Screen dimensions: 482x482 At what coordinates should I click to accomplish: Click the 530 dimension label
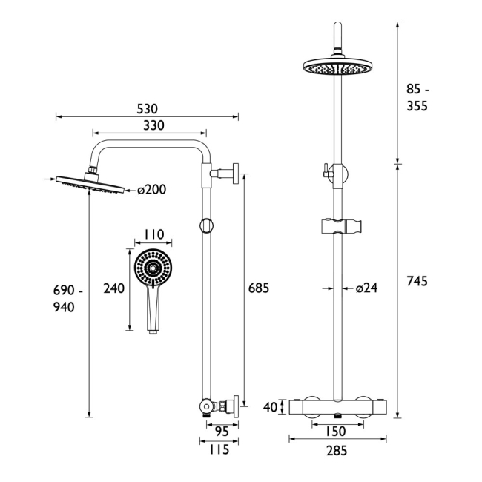click(148, 108)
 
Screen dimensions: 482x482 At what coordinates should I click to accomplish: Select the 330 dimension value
click(149, 125)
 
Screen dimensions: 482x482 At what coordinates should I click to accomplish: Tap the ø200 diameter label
click(151, 190)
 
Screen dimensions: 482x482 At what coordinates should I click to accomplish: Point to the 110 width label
click(153, 234)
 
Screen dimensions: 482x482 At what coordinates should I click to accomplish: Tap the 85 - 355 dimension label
click(418, 97)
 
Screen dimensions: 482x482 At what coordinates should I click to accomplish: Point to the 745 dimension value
click(418, 281)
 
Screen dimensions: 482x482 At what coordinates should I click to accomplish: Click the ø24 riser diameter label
click(366, 289)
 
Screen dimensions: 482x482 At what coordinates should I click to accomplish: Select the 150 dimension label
click(337, 430)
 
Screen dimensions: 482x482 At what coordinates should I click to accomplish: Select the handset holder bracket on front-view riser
click(337, 225)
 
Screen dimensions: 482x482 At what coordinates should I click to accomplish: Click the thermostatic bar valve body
click(337, 407)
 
